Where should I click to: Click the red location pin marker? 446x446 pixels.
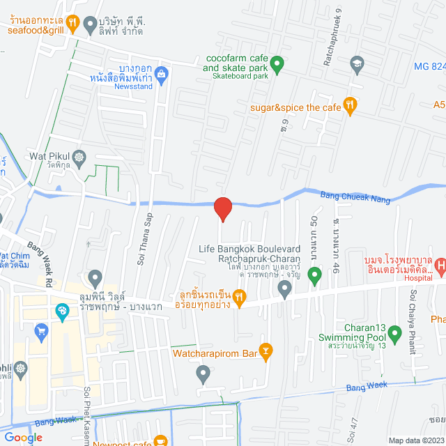pyautogui.click(x=222, y=208)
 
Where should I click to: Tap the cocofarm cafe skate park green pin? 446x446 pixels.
pyautogui.click(x=277, y=66)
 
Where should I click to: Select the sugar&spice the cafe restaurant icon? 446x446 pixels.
pyautogui.click(x=351, y=105)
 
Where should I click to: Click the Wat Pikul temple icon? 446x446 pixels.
pyautogui.click(x=78, y=156)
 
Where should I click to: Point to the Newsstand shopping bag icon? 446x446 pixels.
pyautogui.click(x=162, y=73)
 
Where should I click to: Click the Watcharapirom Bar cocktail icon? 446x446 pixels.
pyautogui.click(x=265, y=349)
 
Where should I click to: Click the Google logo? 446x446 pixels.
pyautogui.click(x=24, y=438)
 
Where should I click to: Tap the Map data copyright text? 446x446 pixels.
pyautogui.click(x=415, y=440)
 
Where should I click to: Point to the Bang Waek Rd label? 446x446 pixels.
pyautogui.click(x=41, y=256)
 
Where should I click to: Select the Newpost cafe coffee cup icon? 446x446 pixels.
pyautogui.click(x=161, y=440)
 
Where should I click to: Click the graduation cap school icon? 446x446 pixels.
pyautogui.click(x=357, y=64)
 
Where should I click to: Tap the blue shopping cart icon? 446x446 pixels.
pyautogui.click(x=41, y=330)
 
